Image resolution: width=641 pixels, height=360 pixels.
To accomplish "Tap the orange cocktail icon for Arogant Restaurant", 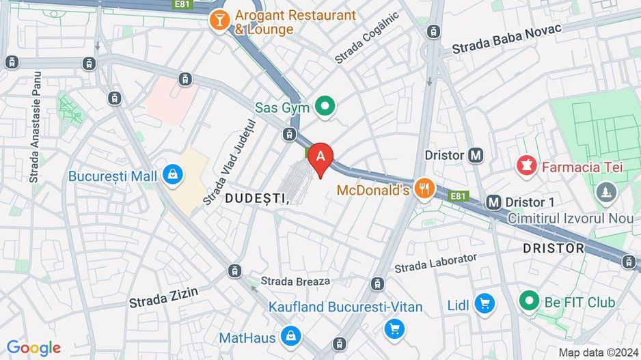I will (219, 22).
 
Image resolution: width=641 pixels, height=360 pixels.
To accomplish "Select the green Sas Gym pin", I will (326, 107).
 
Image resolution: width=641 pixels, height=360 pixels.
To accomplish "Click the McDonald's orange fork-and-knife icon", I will (425, 189).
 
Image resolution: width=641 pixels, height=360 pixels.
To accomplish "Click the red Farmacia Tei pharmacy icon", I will (526, 166).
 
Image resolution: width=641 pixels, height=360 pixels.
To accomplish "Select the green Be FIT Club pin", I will (528, 301).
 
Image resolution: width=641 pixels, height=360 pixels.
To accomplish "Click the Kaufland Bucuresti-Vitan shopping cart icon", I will (394, 329).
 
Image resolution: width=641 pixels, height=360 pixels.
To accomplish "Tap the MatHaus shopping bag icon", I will (291, 337).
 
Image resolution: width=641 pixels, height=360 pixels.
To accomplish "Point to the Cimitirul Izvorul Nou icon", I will (605, 192).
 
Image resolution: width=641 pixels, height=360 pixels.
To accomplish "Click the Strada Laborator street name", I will (435, 262).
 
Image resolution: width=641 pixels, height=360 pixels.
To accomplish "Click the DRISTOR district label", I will (554, 248).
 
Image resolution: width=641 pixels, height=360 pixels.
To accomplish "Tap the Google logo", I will (33, 348).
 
